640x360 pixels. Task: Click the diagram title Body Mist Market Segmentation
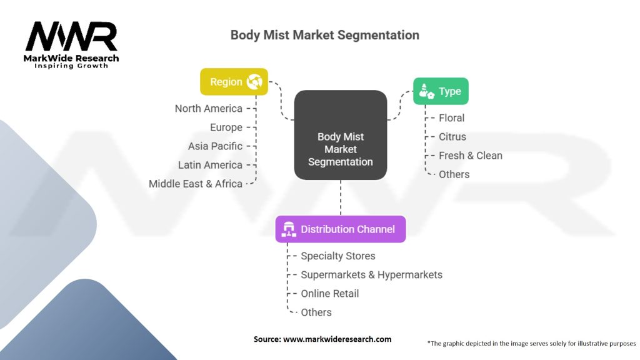tap(324, 35)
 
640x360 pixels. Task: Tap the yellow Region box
tap(234, 82)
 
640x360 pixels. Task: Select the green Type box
tap(441, 91)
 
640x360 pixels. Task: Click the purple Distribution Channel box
tap(341, 229)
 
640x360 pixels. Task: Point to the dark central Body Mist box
tap(341, 135)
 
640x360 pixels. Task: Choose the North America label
tap(208, 109)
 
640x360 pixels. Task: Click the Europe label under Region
tap(226, 127)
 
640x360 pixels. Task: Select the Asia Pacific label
tap(215, 146)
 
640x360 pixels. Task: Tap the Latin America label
tap(210, 165)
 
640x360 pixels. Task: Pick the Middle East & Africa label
tap(196, 184)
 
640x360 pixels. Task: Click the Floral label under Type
tap(451, 118)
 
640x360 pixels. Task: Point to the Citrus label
tap(452, 137)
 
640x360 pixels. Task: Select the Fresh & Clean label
tap(470, 156)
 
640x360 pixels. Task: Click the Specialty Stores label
tap(337, 256)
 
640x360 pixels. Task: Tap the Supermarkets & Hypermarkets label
tap(371, 275)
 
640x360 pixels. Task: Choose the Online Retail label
tap(329, 294)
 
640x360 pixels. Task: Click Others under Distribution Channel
tap(316, 312)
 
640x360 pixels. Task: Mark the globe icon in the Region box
tap(254, 82)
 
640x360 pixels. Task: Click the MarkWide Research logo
tap(71, 45)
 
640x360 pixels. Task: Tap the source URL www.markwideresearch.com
tap(337, 339)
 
